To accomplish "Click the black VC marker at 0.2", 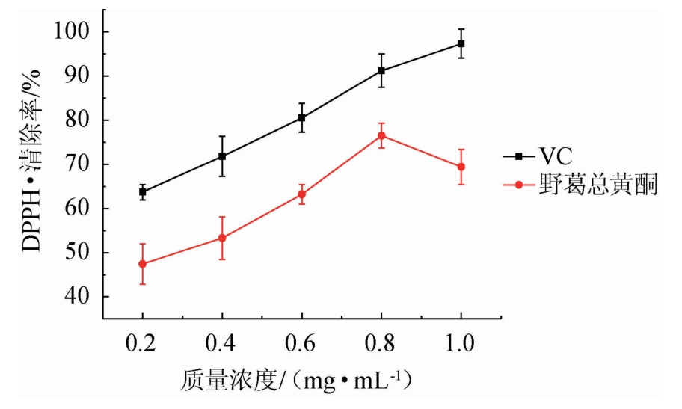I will (x=142, y=192).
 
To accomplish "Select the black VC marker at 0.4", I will (x=222, y=156).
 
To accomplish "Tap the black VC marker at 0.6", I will (x=301, y=117).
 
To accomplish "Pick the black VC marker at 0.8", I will (x=381, y=70).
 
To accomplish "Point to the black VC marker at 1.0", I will (x=461, y=43).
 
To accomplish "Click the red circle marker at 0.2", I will (x=142, y=264).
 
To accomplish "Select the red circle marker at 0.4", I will (x=222, y=238).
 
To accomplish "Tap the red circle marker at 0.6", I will (x=301, y=194).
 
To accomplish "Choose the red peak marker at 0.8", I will (x=381, y=135).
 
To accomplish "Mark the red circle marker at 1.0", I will (x=461, y=167).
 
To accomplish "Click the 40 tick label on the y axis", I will (x=79, y=297).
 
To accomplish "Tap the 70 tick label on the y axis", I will (x=79, y=164).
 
